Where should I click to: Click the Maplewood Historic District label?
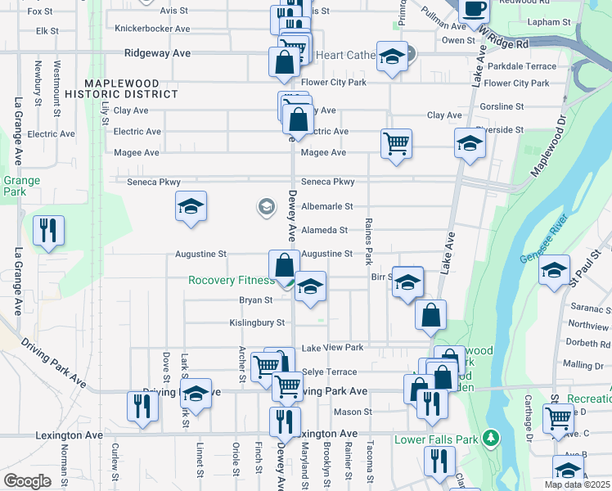pos(132,88)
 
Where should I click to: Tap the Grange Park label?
pos(16,186)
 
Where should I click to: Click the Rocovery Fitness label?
pos(231,280)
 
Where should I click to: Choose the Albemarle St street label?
pos(326,207)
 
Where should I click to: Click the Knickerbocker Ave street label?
pos(153,28)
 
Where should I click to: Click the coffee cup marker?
pos(474,10)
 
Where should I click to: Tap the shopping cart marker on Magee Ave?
pos(396,145)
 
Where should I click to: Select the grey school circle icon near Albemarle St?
pos(266,206)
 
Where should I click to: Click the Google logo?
pos(27,481)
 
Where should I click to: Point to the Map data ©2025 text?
pos(577,484)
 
